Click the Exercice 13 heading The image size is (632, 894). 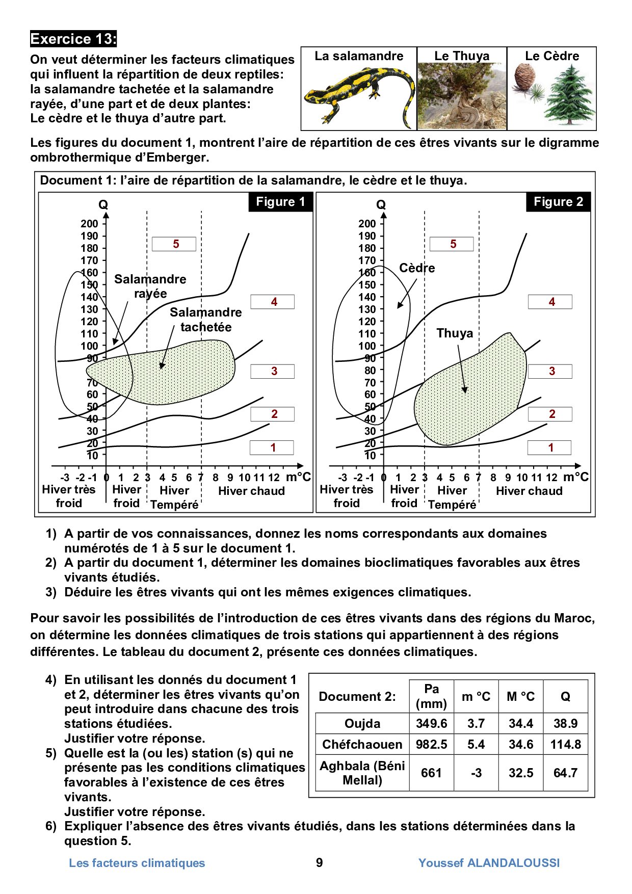coord(73,39)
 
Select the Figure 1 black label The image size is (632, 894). coord(280,202)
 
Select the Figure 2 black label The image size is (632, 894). coord(558,202)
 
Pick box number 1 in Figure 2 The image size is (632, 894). coord(549,448)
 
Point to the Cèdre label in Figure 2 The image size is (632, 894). coord(417,268)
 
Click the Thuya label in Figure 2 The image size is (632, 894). coord(455,333)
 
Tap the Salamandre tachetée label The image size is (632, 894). coord(206,320)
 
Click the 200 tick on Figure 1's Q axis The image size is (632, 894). coord(89,224)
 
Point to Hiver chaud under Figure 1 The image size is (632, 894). coord(251,491)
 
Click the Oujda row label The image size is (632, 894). coord(362,724)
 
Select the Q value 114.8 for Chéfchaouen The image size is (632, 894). coord(565,745)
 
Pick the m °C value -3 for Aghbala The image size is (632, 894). coord(476,773)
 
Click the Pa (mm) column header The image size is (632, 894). coord(431,696)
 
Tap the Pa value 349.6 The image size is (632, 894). coord(431,724)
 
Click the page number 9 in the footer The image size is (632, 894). coord(320,862)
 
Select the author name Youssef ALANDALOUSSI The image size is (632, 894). coord(489,863)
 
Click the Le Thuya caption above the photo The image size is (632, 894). coord(462,56)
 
